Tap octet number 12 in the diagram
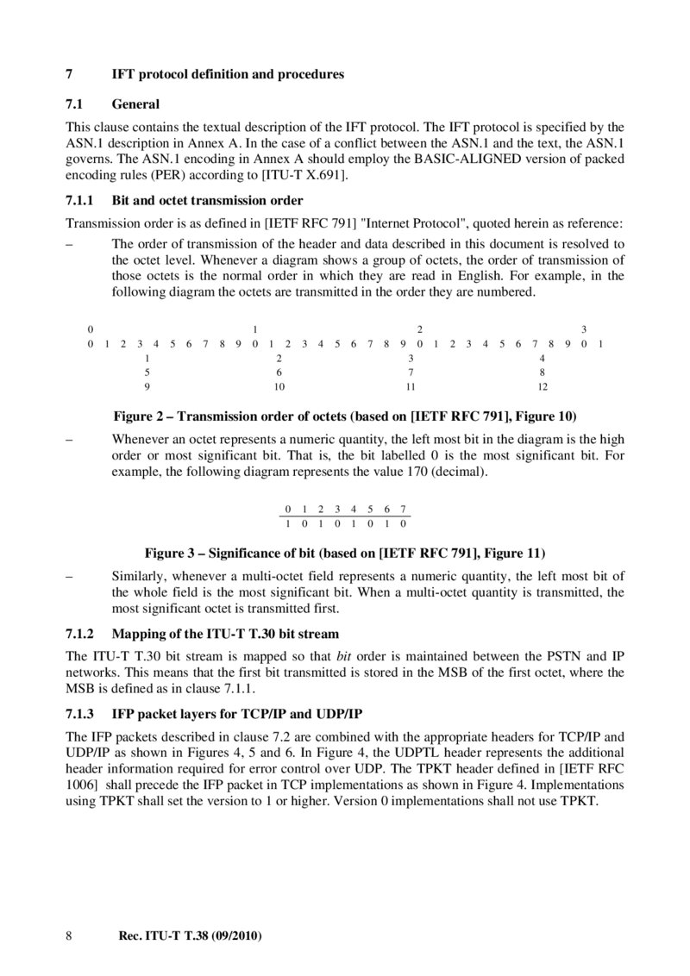543,386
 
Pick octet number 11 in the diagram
411,386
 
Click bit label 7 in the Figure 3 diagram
403,509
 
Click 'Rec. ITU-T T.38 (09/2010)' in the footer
189,935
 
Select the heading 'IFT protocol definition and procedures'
228,74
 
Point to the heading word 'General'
135,104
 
